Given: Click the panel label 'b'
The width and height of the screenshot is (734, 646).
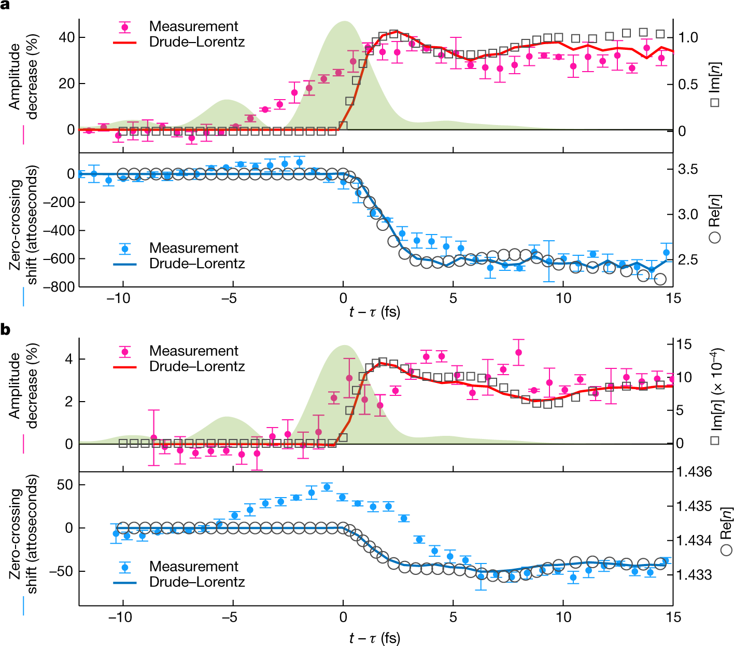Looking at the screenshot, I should tap(6, 329).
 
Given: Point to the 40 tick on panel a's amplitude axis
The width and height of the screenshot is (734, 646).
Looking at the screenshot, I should tap(66, 37).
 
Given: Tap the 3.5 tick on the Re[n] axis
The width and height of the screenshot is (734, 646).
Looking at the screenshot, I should tap(688, 169).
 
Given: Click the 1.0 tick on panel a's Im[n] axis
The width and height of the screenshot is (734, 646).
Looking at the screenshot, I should tap(688, 37).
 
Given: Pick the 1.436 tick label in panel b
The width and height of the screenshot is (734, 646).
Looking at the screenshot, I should tap(694, 472).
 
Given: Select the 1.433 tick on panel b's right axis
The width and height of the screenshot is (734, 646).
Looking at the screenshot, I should tap(694, 574).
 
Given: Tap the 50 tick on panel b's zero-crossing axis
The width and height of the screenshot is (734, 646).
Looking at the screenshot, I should tap(65, 485).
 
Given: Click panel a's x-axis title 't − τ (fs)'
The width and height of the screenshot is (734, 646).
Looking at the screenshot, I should tap(374, 312).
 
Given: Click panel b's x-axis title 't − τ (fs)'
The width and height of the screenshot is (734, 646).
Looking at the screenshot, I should tap(374, 638).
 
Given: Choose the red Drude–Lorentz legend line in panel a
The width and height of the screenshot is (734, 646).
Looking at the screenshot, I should tap(125, 42).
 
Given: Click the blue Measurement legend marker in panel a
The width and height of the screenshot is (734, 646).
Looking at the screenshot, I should tap(125, 249).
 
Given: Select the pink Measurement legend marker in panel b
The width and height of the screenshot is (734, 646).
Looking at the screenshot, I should tap(125, 351).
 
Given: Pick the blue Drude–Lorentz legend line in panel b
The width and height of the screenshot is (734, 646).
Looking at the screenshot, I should tap(125, 582).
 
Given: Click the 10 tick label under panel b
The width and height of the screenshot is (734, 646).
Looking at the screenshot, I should tap(563, 617).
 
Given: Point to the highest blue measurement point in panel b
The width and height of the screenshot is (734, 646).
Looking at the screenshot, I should tap(327, 487).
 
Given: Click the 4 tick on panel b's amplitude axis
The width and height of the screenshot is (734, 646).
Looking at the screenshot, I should tap(69, 359).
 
